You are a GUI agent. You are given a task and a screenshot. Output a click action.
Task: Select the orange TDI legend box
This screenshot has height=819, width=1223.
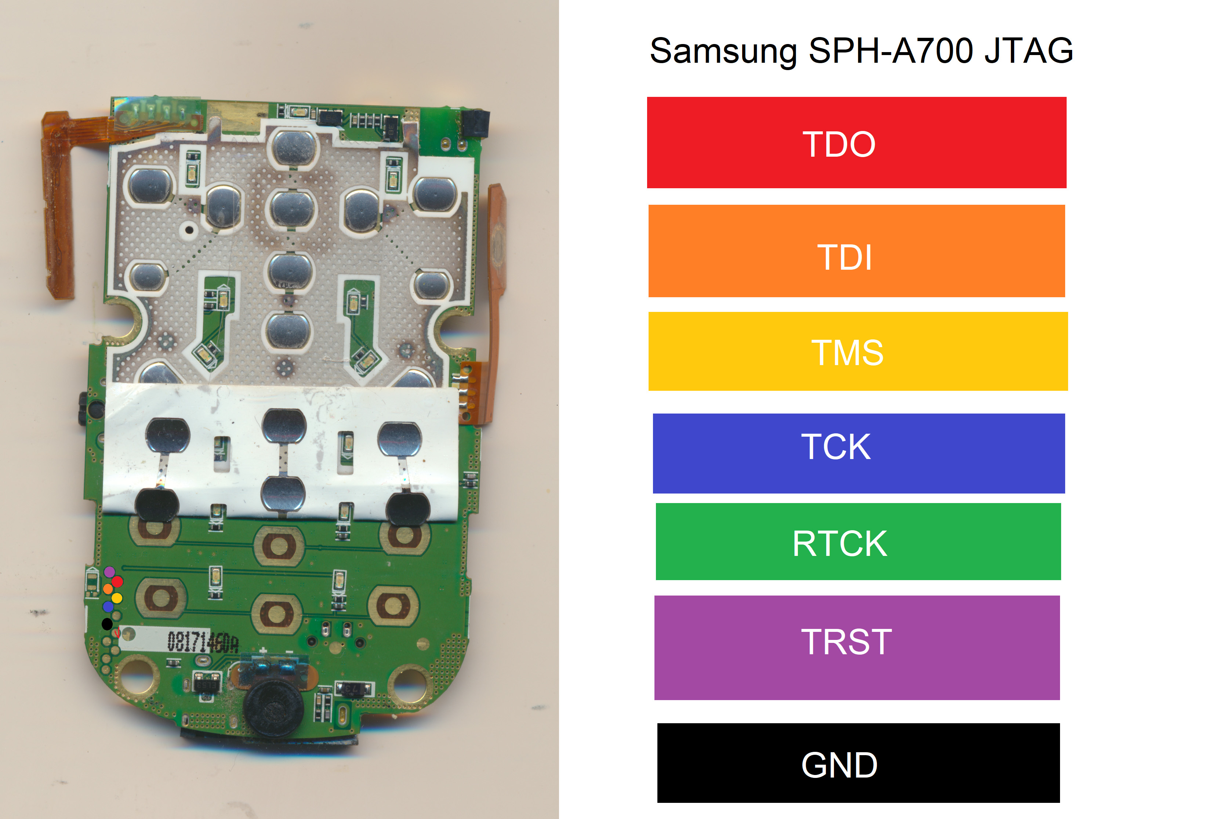point(856,251)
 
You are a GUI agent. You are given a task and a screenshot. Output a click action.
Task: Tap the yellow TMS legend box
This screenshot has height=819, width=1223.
point(857,351)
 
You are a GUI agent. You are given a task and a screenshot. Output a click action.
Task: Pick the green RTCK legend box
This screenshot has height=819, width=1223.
point(858,541)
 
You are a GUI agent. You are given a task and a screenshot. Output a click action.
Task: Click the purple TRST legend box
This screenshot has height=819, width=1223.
point(856,647)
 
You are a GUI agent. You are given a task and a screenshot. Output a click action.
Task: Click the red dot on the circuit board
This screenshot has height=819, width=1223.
point(117,581)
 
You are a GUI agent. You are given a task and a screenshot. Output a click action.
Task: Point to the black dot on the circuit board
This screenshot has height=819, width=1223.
point(107,624)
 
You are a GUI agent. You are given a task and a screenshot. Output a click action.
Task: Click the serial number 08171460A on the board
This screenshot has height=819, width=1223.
point(203,642)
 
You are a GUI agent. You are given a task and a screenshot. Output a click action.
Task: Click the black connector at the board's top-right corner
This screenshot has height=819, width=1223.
point(475,123)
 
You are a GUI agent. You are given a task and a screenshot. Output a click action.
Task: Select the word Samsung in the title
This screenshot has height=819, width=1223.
point(723,52)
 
